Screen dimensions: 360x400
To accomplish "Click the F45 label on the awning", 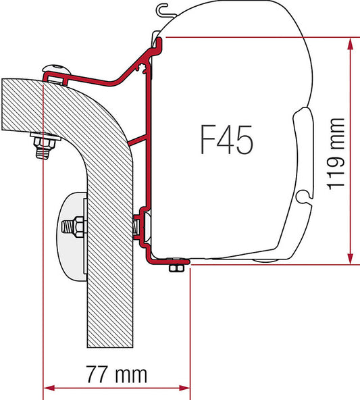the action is pos(227,140).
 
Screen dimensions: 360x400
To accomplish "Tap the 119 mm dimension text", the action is pos(336,154).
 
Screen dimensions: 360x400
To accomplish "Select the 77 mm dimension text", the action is pos(117,374).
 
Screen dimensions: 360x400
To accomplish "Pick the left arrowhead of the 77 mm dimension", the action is pos(49,389).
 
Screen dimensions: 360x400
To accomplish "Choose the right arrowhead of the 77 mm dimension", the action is pos(184,389).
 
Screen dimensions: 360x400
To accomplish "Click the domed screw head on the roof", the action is pos(56,69).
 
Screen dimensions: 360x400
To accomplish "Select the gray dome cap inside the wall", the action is pos(71,237).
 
